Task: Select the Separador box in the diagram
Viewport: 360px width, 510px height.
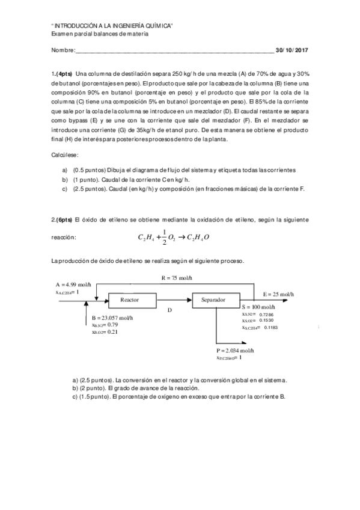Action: [x=213, y=299]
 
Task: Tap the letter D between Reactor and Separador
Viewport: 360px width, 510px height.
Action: [x=169, y=310]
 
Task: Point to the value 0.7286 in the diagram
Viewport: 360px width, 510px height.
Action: [x=266, y=314]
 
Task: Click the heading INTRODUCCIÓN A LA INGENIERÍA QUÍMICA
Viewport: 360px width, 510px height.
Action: [x=112, y=26]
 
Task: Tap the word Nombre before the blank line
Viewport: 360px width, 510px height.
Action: [x=63, y=50]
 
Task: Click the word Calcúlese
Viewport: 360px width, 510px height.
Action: [x=67, y=155]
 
